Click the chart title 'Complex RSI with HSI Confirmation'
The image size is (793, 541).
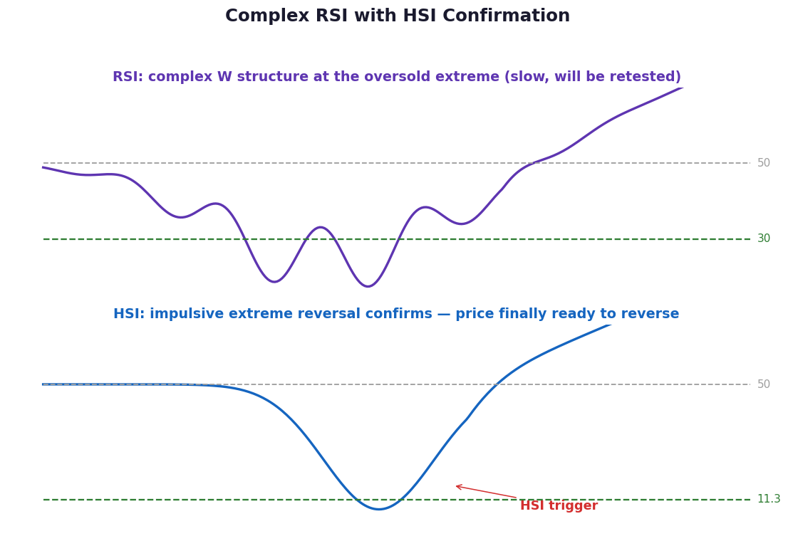tap(398, 16)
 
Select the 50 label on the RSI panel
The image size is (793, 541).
tap(764, 162)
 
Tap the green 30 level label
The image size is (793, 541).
tap(764, 238)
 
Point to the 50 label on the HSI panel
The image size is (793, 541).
tap(764, 384)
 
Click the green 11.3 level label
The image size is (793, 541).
tap(769, 499)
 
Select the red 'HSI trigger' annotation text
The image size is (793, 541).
tap(559, 505)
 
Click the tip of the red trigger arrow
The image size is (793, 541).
tap(456, 486)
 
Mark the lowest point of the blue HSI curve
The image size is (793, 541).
tap(379, 509)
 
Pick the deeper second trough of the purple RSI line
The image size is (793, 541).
tap(368, 286)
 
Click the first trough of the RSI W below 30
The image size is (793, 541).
tap(274, 281)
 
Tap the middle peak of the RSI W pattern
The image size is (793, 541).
tap(321, 227)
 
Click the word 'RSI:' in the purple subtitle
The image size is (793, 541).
tap(128, 77)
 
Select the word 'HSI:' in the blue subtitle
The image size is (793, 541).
tap(129, 314)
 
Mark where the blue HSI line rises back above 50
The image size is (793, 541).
tap(497, 384)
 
